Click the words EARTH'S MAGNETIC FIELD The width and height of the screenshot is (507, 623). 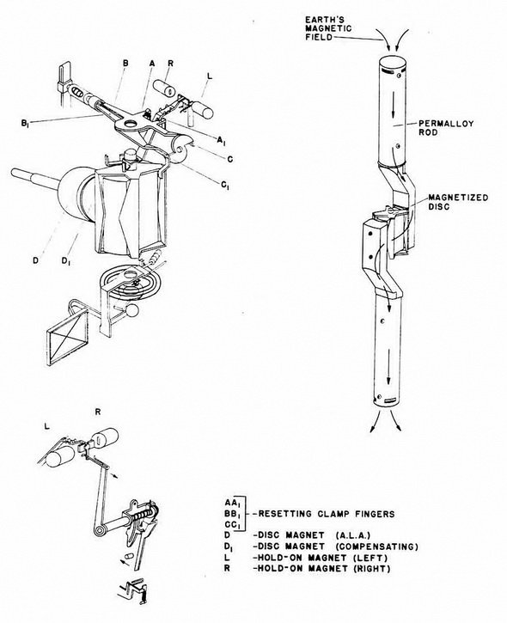pyautogui.click(x=327, y=28)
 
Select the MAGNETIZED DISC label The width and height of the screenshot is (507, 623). pyautogui.click(x=458, y=202)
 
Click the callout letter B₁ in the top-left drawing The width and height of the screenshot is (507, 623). pyautogui.click(x=25, y=124)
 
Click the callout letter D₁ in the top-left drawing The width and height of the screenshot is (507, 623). pyautogui.click(x=66, y=261)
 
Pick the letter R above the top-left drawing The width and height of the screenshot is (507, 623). pyautogui.click(x=171, y=64)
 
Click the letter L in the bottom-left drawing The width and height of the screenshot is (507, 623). pyautogui.click(x=47, y=427)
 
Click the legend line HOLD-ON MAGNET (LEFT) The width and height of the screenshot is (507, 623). pyautogui.click(x=321, y=558)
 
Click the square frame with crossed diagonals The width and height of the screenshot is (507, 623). pyautogui.click(x=68, y=339)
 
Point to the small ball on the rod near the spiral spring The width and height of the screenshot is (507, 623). pyautogui.click(x=132, y=310)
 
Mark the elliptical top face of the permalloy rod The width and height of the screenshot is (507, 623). pyautogui.click(x=393, y=63)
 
